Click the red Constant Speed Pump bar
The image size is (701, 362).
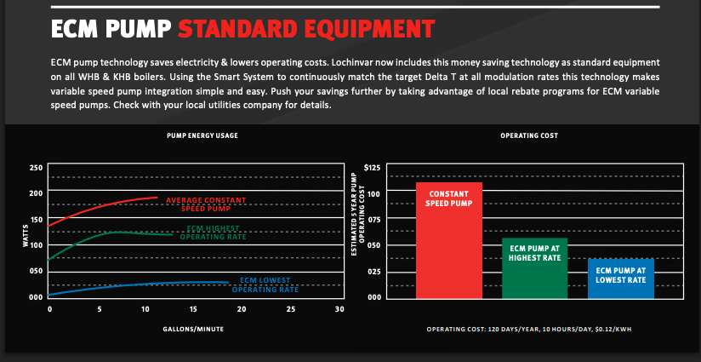coord(449,240)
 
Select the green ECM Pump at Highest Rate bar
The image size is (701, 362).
coord(535,268)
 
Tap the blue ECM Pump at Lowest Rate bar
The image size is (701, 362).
coord(621,279)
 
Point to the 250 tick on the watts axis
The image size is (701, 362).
coord(36,168)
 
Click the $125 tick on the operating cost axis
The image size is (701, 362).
coord(372,168)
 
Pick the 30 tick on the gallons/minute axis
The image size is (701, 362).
coord(339,309)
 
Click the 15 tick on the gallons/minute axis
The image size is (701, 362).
coord(193,309)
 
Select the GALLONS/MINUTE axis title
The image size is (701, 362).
coord(193,330)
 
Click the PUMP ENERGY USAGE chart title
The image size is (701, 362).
coord(202,135)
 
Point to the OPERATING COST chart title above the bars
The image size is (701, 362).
coord(529,135)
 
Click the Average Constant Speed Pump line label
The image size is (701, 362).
coord(206,204)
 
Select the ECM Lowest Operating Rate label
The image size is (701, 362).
coord(265,285)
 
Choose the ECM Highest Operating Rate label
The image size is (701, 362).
coord(214,233)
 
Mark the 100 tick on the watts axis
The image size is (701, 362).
coord(36,245)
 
